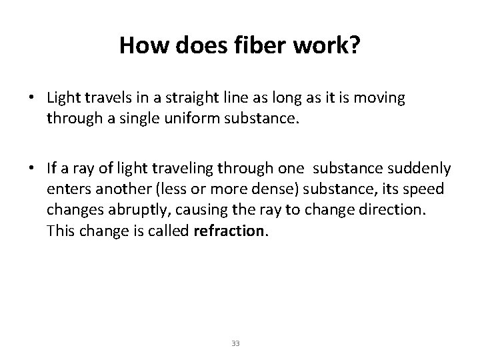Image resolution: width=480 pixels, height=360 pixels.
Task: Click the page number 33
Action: (x=235, y=343)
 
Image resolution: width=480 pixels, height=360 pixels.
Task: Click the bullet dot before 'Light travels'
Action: (x=32, y=97)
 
